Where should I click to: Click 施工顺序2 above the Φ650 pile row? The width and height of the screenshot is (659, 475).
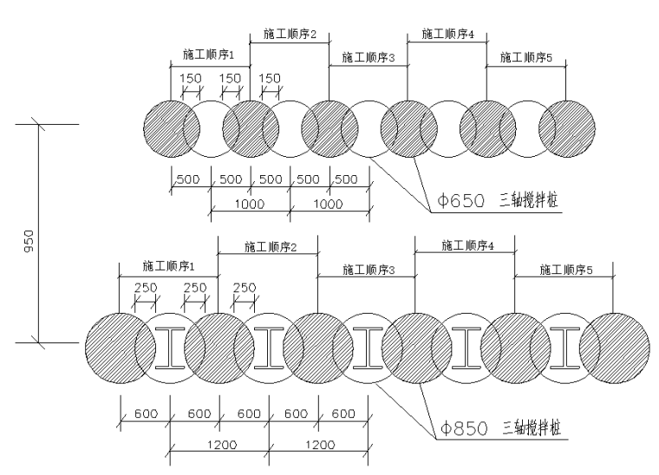pos(290,35)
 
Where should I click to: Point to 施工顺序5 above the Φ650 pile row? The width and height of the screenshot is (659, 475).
pos(526,58)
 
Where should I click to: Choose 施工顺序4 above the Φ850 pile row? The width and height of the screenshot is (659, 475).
pos(468,245)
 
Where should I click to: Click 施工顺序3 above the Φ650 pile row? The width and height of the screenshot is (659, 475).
pos(369,58)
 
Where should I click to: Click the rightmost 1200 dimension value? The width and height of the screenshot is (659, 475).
pos(320,445)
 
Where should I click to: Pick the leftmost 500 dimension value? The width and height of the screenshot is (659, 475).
pos(190,180)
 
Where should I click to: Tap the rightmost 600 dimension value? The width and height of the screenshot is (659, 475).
pos(343,414)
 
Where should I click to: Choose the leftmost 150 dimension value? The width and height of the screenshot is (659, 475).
pos(190,78)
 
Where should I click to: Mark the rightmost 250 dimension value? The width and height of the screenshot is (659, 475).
pos(245,288)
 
